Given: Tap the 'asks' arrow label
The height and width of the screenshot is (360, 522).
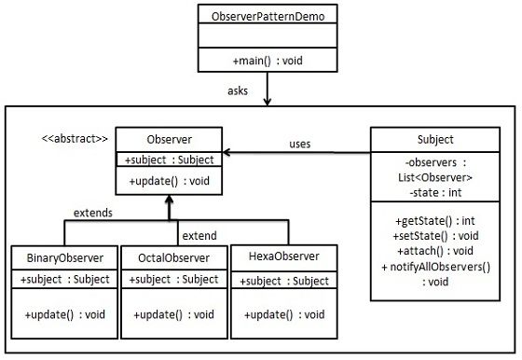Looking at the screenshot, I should point(238,90).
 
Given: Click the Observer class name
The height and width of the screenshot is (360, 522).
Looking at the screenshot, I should point(169,139).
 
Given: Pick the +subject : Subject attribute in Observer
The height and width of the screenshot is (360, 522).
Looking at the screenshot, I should point(169,159).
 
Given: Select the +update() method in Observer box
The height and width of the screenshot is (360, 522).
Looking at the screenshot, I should point(169,181).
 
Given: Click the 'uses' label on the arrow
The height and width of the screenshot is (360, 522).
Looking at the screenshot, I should point(300,145).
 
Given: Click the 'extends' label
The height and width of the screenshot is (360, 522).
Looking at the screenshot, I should point(93,213).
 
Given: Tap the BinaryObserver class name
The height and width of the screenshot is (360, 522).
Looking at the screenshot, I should point(65,256).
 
